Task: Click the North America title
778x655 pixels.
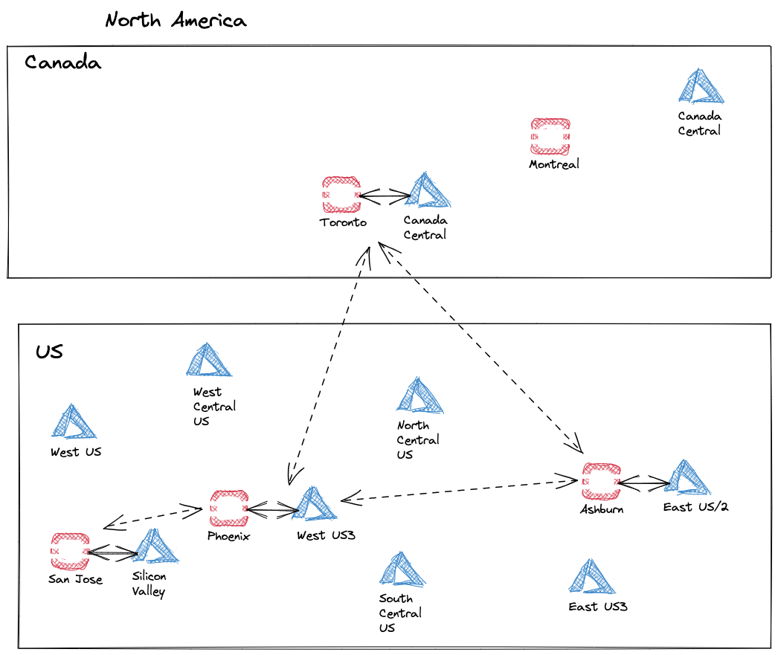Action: (x=176, y=20)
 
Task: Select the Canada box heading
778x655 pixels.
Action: (x=62, y=62)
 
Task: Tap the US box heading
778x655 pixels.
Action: (x=49, y=352)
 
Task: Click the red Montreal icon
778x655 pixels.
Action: (x=550, y=137)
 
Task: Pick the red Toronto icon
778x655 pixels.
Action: (x=341, y=195)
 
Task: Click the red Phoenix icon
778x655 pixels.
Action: (x=229, y=509)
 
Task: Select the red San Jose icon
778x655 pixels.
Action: (x=69, y=551)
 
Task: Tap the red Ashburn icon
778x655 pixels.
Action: (x=601, y=483)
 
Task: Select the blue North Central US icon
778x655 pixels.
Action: (x=419, y=396)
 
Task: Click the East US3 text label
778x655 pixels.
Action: (x=598, y=607)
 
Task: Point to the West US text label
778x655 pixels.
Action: (x=76, y=452)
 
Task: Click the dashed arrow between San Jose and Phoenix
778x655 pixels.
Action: (x=153, y=517)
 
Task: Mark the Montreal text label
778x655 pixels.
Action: (x=553, y=164)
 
